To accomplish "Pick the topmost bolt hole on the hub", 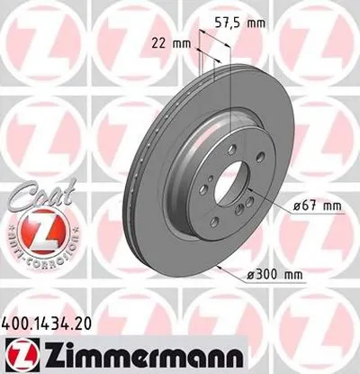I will pos(231,149).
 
